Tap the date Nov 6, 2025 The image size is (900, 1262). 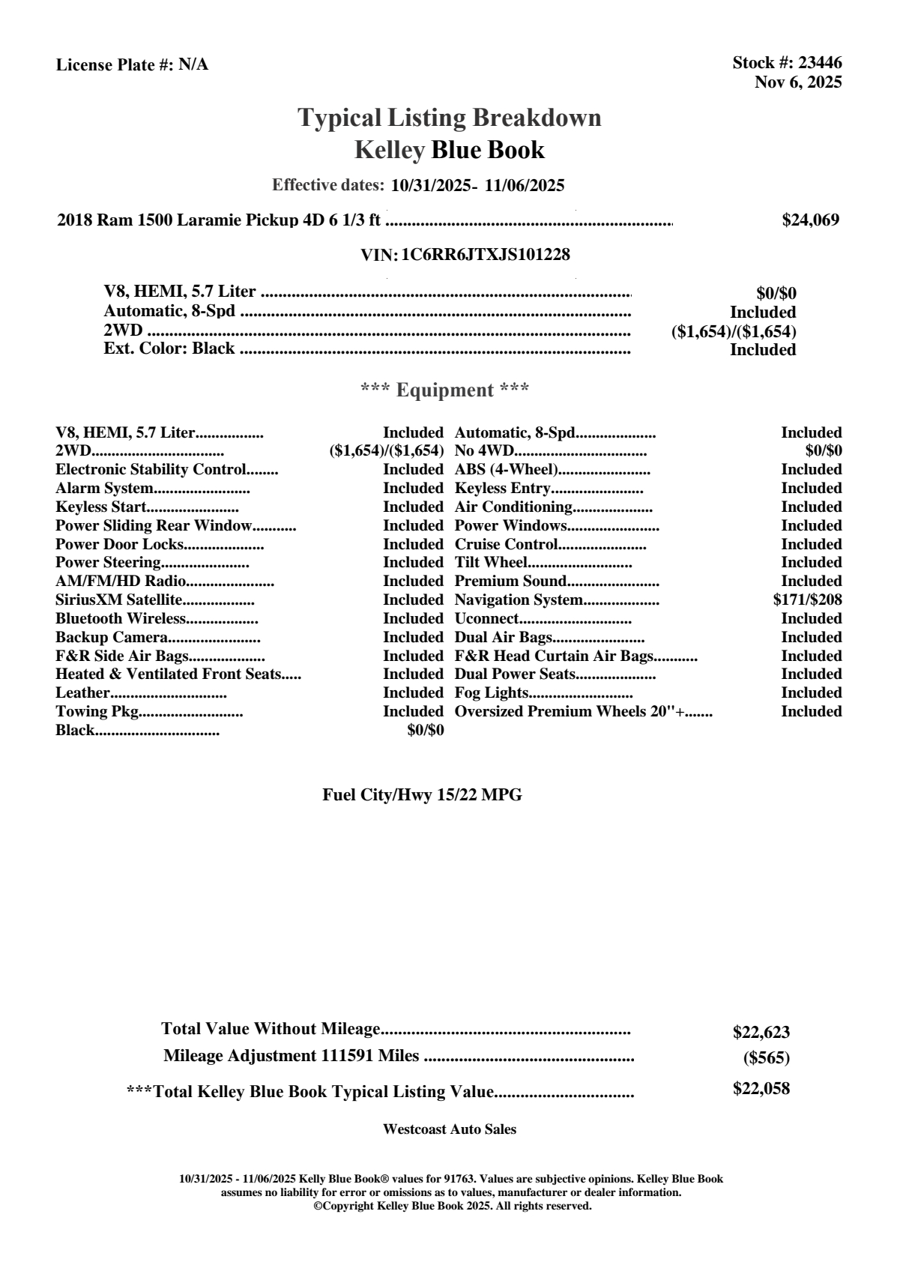798,82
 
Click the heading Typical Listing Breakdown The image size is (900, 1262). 450,118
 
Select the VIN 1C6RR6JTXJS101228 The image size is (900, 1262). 486,255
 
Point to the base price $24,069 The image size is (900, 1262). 810,220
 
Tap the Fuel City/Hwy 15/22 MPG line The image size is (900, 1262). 422,795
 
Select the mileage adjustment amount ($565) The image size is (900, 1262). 767,1057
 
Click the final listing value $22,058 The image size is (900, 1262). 761,1089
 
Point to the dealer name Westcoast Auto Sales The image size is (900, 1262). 449,1129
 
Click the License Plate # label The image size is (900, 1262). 115,65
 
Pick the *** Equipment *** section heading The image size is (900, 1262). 444,390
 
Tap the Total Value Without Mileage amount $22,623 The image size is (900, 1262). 761,1032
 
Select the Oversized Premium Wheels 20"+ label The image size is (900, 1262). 573,711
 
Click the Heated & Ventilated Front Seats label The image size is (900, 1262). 169,674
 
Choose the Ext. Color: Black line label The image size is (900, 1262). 169,348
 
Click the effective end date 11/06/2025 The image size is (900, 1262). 524,185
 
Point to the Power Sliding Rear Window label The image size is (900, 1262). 154,525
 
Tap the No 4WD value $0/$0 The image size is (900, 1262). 823,451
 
